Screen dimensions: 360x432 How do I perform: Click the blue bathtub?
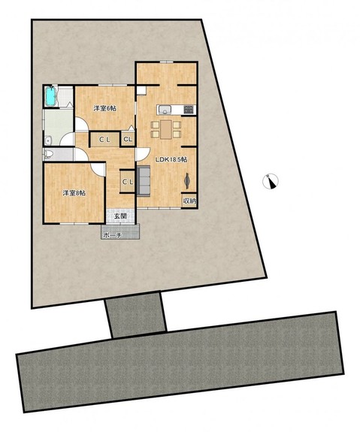tap(51, 96)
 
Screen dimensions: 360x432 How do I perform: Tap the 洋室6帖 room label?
tap(104, 108)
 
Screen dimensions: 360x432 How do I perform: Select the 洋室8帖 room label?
tap(74, 193)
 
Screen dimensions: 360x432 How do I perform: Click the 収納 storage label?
tap(189, 201)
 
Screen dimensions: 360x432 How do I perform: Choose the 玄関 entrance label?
tap(120, 216)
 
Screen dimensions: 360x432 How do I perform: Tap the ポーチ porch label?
tap(112, 236)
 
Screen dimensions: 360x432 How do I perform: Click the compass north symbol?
tap(271, 182)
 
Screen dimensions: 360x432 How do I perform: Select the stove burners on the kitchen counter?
tap(189, 110)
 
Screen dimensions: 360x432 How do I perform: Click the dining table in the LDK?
tap(166, 129)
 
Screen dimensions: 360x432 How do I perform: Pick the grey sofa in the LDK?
tap(144, 181)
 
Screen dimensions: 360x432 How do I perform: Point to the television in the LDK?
tap(187, 181)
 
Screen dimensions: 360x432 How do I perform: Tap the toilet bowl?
tap(48, 154)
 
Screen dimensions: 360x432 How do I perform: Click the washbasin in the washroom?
tap(49, 140)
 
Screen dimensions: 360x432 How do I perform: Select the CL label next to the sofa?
tap(128, 182)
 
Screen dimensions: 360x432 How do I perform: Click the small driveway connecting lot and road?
tap(135, 316)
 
